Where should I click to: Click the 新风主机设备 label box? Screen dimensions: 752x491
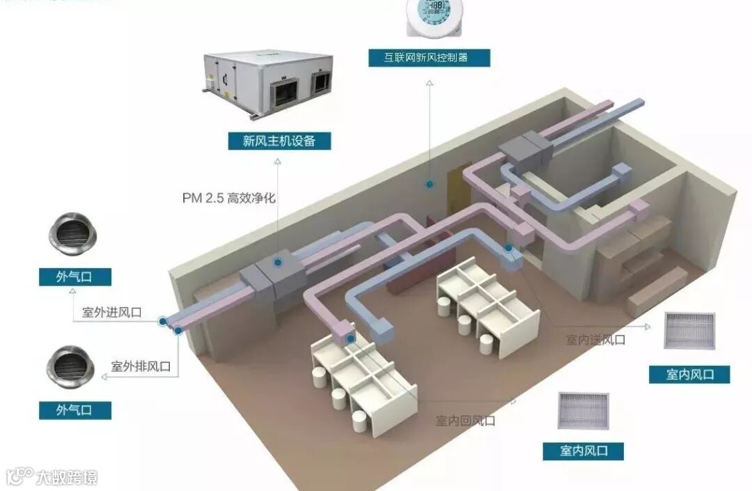pos(279,141)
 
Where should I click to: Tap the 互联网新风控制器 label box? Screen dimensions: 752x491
pos(428,57)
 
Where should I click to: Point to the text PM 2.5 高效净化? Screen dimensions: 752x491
pos(229,198)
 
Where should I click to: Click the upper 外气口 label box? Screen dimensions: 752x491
pos(75,276)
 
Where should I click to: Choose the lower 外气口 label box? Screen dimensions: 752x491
pos(75,410)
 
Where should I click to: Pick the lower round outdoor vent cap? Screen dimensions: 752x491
pos(71,366)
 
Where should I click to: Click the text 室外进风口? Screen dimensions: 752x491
pos(112,312)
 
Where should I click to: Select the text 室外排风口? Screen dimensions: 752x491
pos(141,366)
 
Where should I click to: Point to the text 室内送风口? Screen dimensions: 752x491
pos(595,339)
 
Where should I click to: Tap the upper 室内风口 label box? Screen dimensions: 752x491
pos(690,374)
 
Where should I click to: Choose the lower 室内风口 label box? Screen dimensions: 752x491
pos(583,451)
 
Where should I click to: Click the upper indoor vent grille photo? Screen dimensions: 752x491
pos(690,330)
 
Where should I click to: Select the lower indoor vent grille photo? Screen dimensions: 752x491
pos(583,410)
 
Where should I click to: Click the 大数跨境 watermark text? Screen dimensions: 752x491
pos(67,477)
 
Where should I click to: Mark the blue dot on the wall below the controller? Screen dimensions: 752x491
pos(430,185)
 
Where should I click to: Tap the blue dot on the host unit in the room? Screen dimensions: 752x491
pos(278,263)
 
